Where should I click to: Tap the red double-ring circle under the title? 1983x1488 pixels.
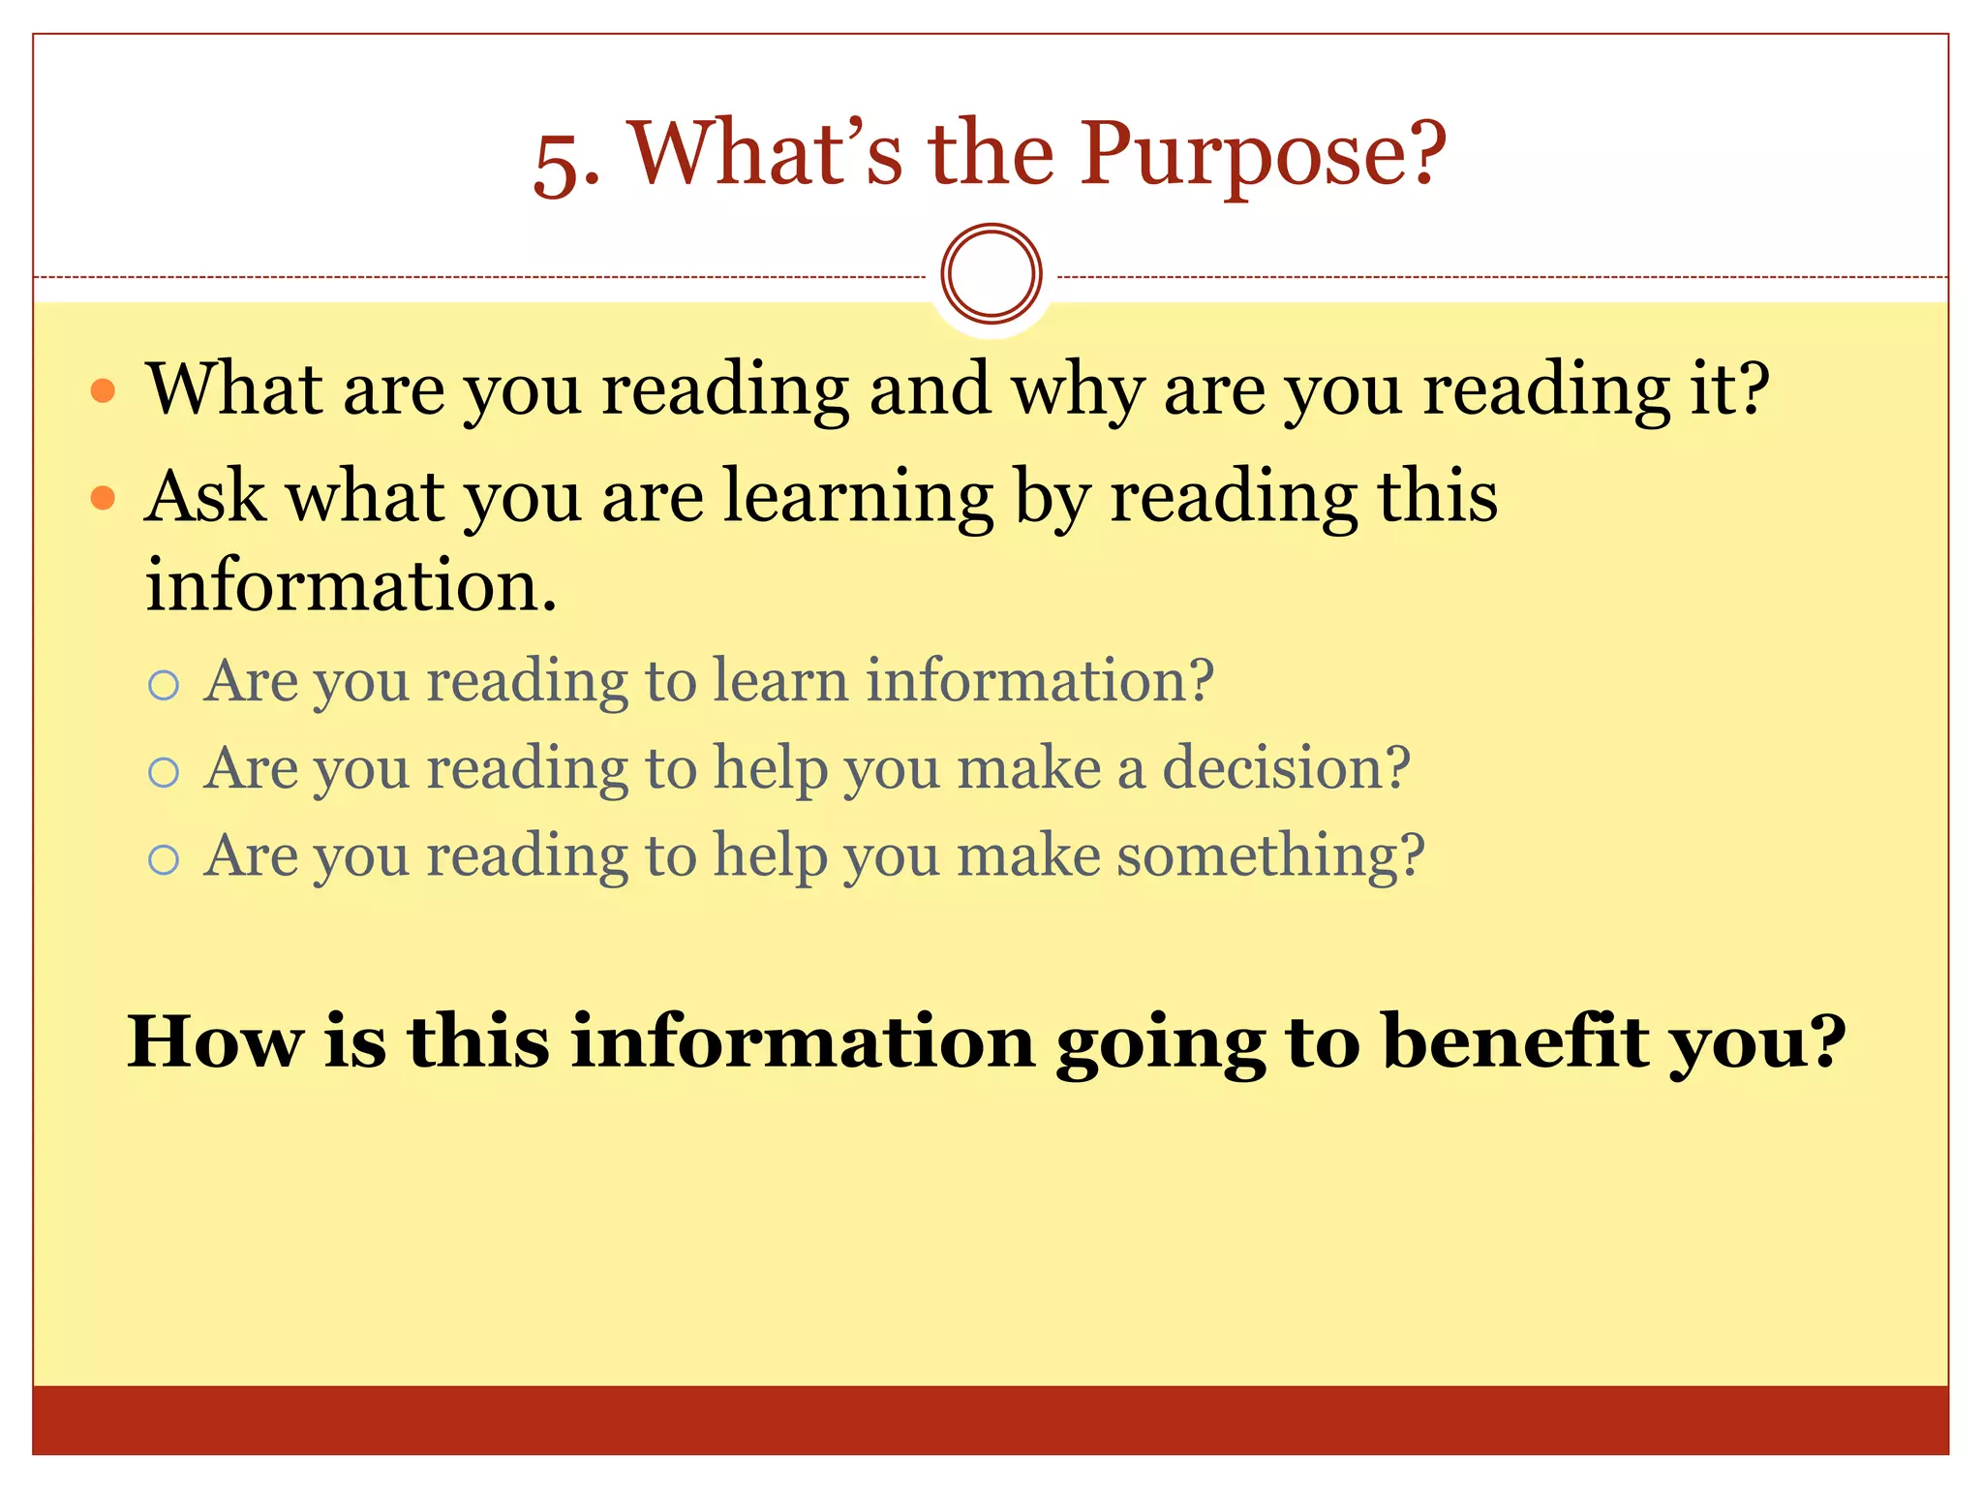991,274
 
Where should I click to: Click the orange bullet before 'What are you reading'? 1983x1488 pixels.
103,391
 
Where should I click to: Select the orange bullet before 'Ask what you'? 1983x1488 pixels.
103,498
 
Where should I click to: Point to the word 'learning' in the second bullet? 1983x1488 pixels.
858,496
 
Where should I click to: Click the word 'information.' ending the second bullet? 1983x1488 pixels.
351,585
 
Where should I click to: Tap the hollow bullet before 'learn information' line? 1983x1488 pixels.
164,686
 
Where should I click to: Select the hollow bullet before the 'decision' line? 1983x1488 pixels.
164,772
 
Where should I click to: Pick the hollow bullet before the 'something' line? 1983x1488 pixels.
164,859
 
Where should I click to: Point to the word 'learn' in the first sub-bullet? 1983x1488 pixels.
779,680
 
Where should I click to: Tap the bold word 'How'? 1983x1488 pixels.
215,1042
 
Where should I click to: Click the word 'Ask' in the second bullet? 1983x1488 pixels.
205,496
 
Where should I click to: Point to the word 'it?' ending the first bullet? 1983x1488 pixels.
1729,389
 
